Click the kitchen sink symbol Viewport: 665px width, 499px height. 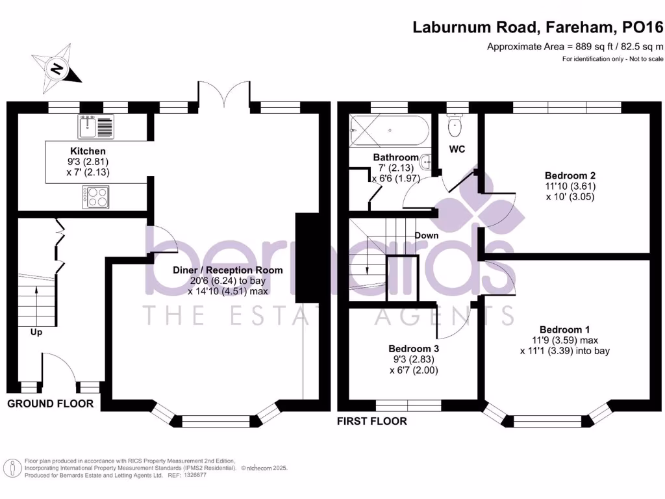click(95, 126)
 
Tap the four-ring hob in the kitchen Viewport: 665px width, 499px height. click(95, 197)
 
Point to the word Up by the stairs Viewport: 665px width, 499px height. click(36, 332)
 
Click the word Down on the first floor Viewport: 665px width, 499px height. click(426, 235)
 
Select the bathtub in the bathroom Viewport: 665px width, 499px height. click(388, 131)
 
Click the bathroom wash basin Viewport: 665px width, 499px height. click(426, 161)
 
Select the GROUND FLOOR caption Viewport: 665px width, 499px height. click(50, 404)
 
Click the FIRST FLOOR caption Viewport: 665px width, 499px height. click(372, 421)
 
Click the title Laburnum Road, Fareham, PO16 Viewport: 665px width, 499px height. click(538, 27)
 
